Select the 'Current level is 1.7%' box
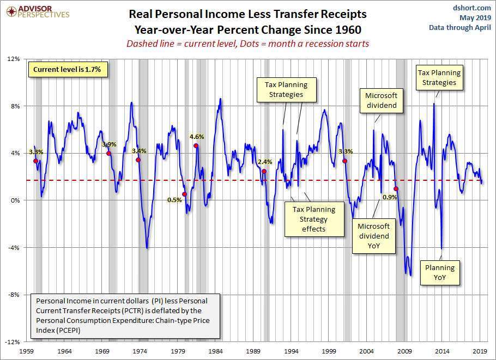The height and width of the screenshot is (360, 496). [x=67, y=70]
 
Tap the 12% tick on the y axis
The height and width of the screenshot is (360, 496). [x=13, y=59]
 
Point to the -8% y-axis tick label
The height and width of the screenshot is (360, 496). [x=13, y=295]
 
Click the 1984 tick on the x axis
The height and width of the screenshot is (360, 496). [x=216, y=351]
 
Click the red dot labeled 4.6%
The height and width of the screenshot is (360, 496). [x=196, y=146]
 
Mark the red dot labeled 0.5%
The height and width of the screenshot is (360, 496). [x=184, y=194]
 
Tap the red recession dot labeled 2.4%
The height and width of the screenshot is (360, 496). [x=264, y=171]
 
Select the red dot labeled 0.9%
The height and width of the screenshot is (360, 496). [x=396, y=189]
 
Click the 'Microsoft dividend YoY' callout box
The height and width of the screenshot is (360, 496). [x=373, y=236]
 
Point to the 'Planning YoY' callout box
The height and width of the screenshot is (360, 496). [x=440, y=272]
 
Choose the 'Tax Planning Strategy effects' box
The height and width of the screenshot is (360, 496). [x=313, y=219]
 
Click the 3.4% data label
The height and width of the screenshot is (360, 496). [x=139, y=151]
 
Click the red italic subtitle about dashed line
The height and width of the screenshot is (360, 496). [x=247, y=44]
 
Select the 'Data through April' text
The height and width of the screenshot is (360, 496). [x=459, y=27]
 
